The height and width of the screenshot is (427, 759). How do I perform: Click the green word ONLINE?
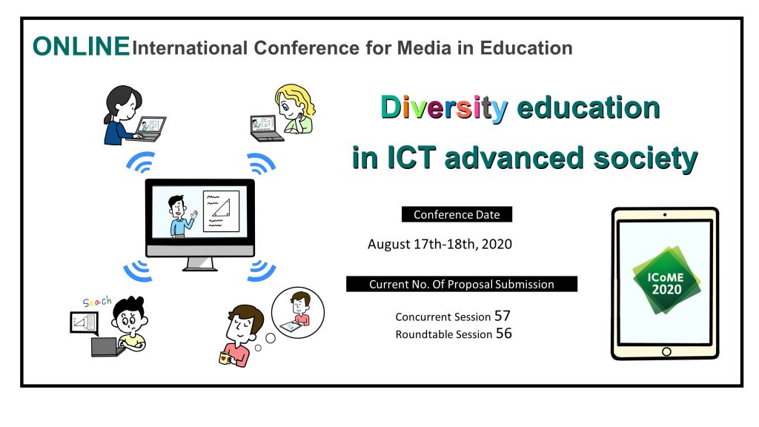(82, 47)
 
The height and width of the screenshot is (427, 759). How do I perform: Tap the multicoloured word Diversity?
(444, 108)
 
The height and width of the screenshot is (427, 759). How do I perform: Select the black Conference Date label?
(457, 214)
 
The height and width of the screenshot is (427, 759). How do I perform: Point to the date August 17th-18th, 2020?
(440, 243)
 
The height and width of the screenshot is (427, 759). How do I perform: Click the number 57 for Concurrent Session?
(503, 316)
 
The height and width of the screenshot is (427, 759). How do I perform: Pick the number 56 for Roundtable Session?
(504, 333)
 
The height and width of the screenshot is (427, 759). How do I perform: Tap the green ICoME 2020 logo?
(666, 281)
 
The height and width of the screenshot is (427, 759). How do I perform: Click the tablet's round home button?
(666, 351)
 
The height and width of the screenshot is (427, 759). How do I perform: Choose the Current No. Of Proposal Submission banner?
(462, 284)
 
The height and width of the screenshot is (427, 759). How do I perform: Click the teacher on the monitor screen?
(181, 216)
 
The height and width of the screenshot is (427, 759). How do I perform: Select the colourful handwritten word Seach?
(97, 302)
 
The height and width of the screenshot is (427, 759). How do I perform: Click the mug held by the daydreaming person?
(225, 358)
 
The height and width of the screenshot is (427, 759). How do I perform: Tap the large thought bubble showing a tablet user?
(298, 312)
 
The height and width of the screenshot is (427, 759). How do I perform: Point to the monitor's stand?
(199, 264)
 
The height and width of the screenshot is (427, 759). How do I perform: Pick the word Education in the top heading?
(526, 48)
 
